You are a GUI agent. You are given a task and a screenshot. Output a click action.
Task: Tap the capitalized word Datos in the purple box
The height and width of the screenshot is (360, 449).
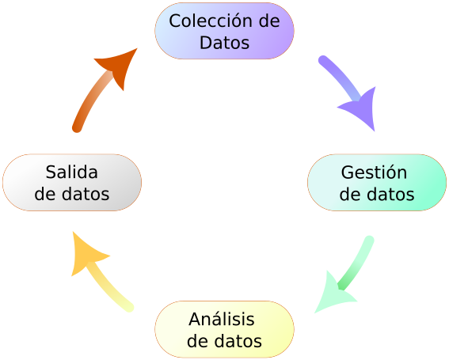pyautogui.click(x=225, y=43)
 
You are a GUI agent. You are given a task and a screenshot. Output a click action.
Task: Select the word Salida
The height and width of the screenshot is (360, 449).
pyautogui.click(x=72, y=172)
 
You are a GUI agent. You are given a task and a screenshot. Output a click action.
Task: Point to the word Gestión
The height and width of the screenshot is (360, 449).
pyautogui.click(x=374, y=172)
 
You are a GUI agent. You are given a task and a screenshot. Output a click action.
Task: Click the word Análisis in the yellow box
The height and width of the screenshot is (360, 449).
pyautogui.click(x=222, y=319)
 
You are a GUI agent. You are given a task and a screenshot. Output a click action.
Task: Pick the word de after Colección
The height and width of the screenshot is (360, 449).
pyautogui.click(x=269, y=21)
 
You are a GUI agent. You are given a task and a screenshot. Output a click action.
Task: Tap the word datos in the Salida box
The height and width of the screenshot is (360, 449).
pyautogui.click(x=86, y=194)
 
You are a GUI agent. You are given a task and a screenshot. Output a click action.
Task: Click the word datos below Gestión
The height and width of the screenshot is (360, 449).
pyautogui.click(x=390, y=194)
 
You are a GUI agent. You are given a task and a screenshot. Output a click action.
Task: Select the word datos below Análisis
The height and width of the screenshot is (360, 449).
pyautogui.click(x=238, y=341)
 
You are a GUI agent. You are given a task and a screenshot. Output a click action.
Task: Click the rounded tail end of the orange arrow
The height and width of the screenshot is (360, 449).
pyautogui.click(x=77, y=127)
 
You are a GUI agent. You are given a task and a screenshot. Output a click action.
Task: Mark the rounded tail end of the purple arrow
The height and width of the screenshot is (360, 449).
pyautogui.click(x=323, y=60)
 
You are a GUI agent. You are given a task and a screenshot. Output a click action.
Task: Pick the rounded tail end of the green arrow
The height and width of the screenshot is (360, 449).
pyautogui.click(x=369, y=241)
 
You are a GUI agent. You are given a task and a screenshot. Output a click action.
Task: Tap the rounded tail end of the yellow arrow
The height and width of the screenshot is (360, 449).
pyautogui.click(x=129, y=307)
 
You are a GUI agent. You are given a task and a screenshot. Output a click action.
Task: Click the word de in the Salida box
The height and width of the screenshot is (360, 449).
pyautogui.click(x=44, y=194)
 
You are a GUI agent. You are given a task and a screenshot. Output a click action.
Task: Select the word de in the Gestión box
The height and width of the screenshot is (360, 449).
pyautogui.click(x=350, y=194)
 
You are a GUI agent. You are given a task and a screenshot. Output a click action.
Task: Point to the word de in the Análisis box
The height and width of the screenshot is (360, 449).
pyautogui.click(x=198, y=341)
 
